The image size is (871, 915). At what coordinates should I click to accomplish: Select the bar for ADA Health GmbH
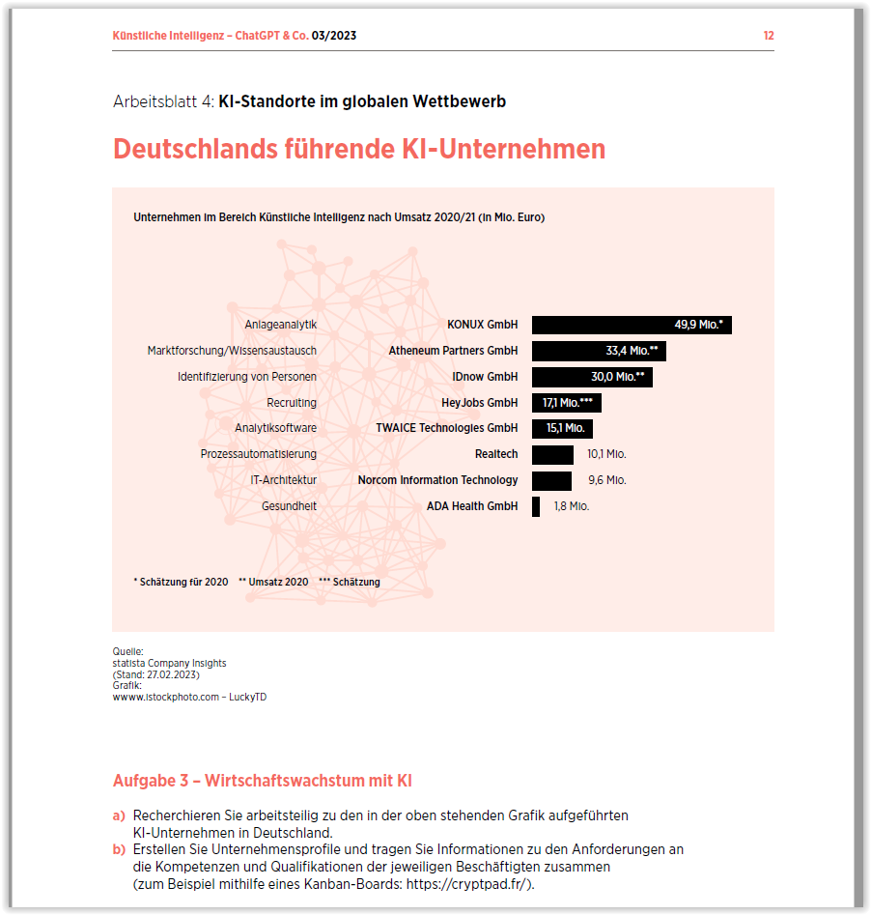pyautogui.click(x=536, y=506)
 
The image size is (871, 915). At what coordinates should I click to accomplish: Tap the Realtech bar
pyautogui.click(x=552, y=454)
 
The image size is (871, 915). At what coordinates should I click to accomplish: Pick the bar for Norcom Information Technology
pyautogui.click(x=551, y=480)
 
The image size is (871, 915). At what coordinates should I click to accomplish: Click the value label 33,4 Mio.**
pyautogui.click(x=632, y=351)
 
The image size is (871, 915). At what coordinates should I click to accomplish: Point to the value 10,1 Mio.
pyautogui.click(x=606, y=454)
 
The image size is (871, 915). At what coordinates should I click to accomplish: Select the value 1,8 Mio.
pyautogui.click(x=571, y=506)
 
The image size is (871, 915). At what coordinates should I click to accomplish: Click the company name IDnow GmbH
pyautogui.click(x=485, y=377)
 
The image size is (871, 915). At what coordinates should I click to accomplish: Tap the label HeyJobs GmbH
pyautogui.click(x=479, y=403)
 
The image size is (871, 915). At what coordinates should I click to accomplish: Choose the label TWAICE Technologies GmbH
pyautogui.click(x=446, y=428)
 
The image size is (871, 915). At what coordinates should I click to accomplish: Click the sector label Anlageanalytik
pyautogui.click(x=280, y=325)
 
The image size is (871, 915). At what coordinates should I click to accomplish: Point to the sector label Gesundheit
pyautogui.click(x=289, y=506)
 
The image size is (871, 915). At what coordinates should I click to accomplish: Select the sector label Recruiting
pyautogui.click(x=292, y=403)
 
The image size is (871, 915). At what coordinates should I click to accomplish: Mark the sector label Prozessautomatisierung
pyautogui.click(x=258, y=454)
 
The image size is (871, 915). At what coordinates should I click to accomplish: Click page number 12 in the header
pyautogui.click(x=768, y=36)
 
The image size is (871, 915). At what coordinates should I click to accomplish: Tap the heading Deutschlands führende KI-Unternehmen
pyautogui.click(x=359, y=150)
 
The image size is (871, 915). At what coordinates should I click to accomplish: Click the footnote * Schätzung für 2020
pyautogui.click(x=181, y=582)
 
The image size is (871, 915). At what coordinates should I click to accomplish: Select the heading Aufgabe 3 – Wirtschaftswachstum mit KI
pyautogui.click(x=263, y=781)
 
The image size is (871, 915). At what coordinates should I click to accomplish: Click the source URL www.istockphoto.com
pyautogui.click(x=166, y=698)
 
